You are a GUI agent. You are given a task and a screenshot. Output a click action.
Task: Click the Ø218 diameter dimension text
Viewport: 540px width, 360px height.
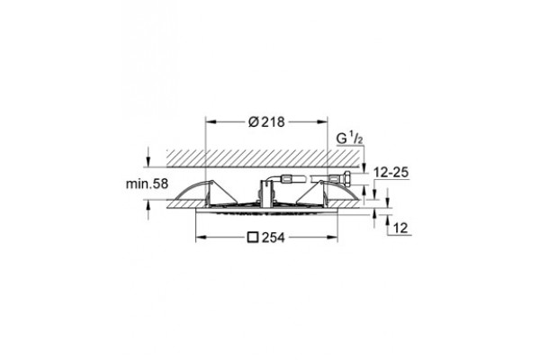click(266, 122)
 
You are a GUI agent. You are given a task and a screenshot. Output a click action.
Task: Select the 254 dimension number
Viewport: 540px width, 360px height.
click(274, 238)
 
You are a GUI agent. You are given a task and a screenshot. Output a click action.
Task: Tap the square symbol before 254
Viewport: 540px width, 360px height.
click(253, 238)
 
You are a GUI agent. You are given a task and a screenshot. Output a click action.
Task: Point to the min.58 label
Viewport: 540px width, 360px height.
click(147, 184)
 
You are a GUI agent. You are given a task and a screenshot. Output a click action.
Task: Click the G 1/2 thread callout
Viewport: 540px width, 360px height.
click(349, 139)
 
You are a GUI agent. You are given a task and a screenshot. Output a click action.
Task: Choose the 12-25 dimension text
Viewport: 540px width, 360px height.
click(391, 172)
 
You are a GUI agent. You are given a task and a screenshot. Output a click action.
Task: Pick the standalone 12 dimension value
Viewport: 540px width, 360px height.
click(400, 228)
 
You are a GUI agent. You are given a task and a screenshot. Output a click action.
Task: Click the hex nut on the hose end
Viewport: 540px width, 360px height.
click(347, 178)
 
